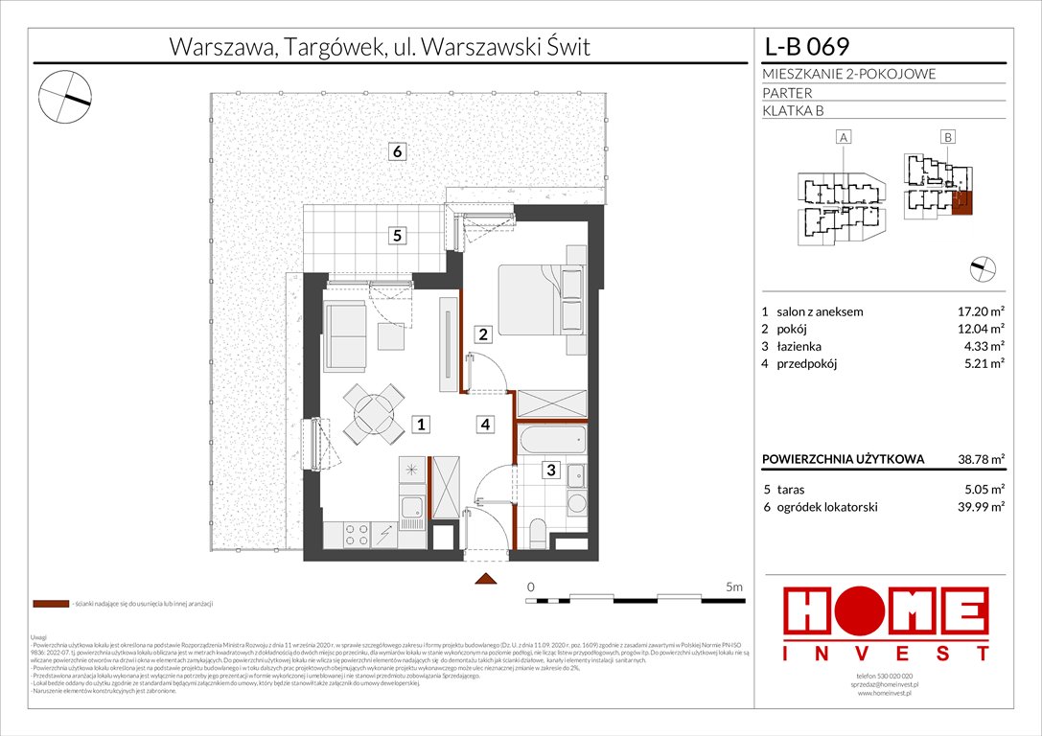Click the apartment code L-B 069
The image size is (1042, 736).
tap(806, 46)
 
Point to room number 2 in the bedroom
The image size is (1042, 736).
tap(483, 334)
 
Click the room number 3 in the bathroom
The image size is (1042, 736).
tap(550, 470)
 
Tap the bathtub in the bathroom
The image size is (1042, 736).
tap(550, 440)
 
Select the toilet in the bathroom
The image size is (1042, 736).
tap(537, 533)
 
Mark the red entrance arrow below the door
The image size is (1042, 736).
tap(486, 578)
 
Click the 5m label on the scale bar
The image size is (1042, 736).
tap(733, 585)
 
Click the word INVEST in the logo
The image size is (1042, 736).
tap(887, 654)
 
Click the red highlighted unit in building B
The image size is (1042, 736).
tap(964, 202)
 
